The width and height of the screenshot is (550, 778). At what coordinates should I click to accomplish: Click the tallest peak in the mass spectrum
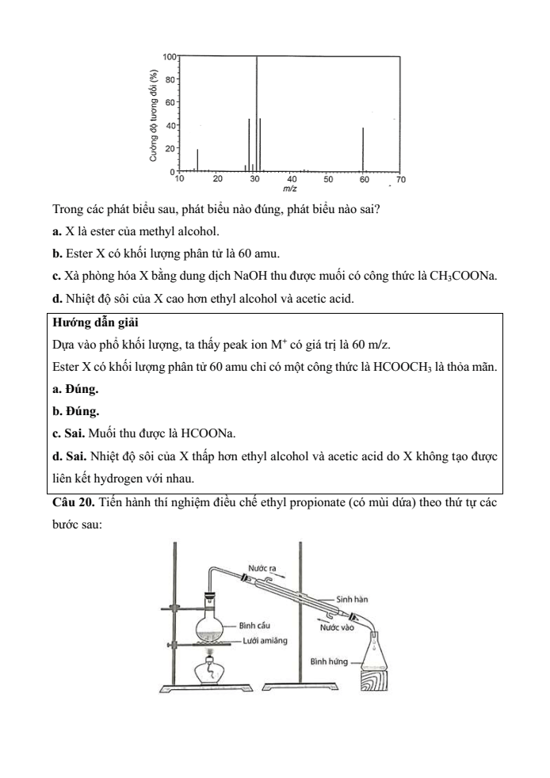[256, 111]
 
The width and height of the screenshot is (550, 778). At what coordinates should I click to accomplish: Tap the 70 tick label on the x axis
[399, 181]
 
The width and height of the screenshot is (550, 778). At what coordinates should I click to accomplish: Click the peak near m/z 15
[197, 159]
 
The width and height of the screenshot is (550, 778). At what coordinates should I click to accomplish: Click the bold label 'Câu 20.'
[74, 507]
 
